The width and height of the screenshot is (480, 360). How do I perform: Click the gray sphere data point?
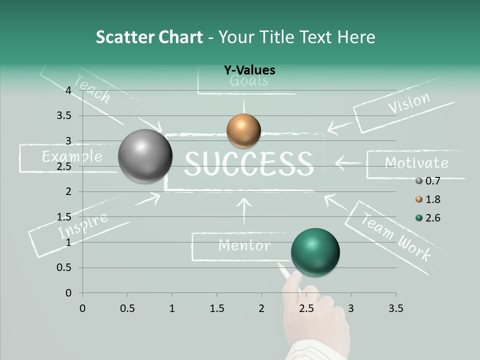145,156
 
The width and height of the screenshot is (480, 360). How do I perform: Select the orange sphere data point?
243,130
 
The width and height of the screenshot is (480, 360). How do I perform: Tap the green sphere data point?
315,251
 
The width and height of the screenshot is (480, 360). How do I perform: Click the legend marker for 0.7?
419,181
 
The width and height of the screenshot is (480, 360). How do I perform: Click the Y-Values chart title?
249,70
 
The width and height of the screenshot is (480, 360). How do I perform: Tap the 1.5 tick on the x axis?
216,308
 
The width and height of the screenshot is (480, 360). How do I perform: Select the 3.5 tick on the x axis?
395,308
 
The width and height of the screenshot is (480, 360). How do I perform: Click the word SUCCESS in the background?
248,163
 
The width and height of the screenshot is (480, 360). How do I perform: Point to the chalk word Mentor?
244,245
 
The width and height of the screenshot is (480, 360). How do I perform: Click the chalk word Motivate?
416,163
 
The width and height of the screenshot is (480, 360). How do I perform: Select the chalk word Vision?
408,102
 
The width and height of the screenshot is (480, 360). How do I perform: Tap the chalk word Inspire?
82,225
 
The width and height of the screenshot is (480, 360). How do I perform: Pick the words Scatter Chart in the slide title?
149,37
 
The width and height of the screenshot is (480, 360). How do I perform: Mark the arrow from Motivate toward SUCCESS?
348,162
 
